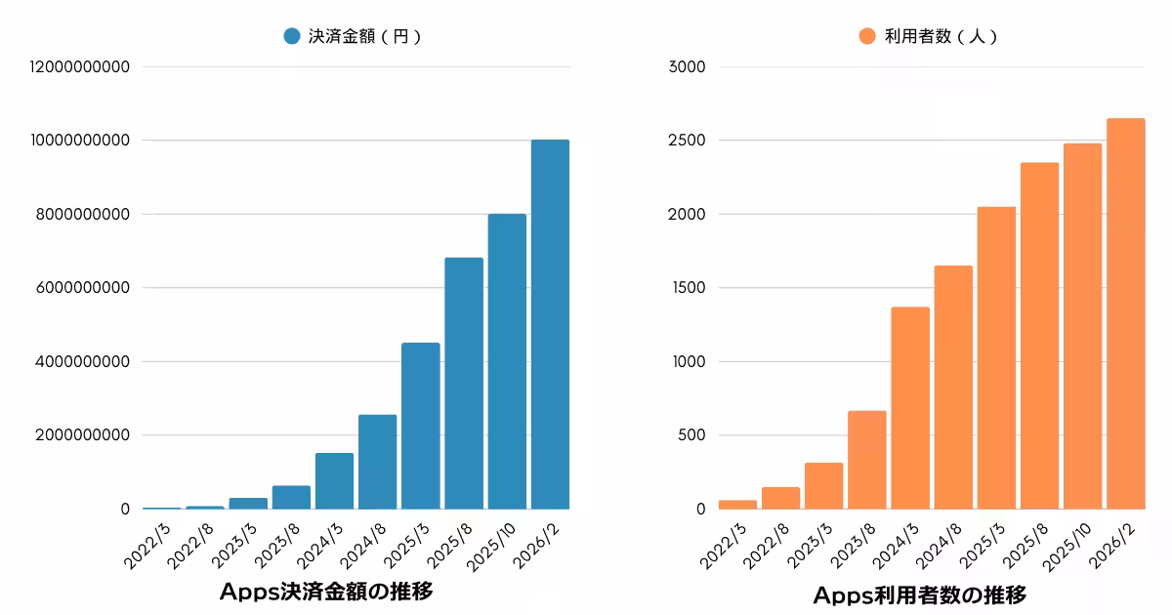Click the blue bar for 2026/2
click(x=550, y=324)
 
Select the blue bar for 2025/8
click(x=464, y=383)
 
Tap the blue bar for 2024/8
click(x=377, y=462)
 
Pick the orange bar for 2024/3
click(x=910, y=408)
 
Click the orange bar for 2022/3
click(x=737, y=505)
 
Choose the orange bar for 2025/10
click(x=1082, y=326)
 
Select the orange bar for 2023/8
click(x=866, y=460)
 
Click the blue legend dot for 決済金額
click(x=291, y=36)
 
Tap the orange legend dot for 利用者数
click(x=866, y=36)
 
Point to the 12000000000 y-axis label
click(x=80, y=66)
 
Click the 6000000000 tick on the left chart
click(x=85, y=288)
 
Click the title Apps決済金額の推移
click(x=326, y=592)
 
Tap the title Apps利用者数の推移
click(x=919, y=594)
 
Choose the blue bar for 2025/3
click(x=420, y=426)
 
